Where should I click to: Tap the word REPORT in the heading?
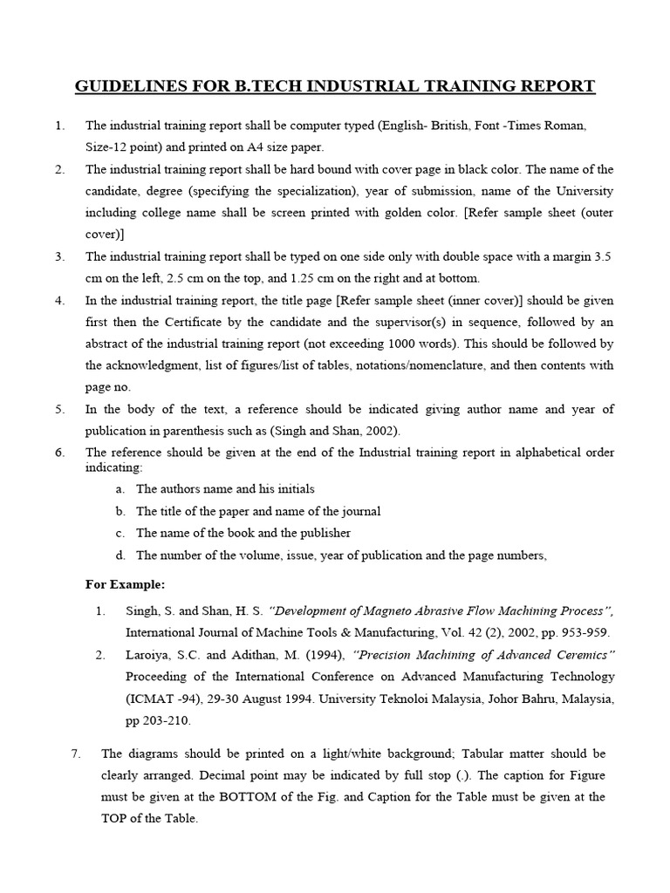tap(553, 86)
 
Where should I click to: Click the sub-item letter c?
tap(119, 533)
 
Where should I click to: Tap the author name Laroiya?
tap(147, 655)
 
